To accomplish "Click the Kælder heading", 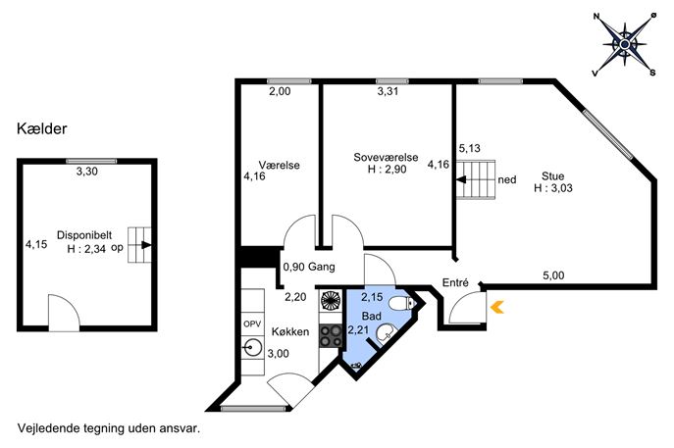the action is point(41,128).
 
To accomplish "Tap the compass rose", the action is point(625,44).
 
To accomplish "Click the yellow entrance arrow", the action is point(496,307).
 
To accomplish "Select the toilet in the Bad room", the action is point(401,303).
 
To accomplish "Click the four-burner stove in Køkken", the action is point(331,336).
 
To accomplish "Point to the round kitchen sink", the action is point(252,347).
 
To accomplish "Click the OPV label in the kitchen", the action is point(252,324).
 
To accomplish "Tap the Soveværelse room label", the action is point(386,157).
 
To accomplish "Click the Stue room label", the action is point(552,176).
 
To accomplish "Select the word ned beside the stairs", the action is point(507,179).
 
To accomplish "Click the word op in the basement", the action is point(117,248).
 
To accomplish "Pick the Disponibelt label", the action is point(84,235).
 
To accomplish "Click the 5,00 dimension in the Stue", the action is point(553,275).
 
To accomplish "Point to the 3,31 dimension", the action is point(388,91).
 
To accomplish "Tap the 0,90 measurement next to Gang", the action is point(294,267).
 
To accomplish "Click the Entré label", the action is point(455,282).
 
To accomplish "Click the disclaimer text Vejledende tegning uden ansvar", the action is point(109,428).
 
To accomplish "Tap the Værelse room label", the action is point(279,165).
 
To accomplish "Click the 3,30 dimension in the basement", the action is point(87,172).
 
